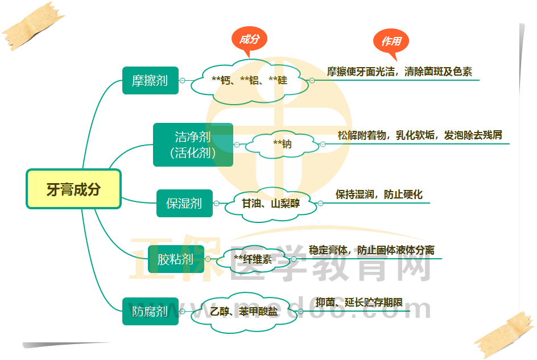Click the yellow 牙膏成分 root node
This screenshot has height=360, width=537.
pos(73,189)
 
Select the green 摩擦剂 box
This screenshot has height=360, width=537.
pos(150,80)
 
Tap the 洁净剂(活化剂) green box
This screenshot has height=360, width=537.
pos(193,144)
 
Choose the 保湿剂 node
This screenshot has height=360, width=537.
pos(184,203)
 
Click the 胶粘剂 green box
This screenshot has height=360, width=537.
pos(176,260)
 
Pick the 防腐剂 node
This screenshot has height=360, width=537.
pos(150,311)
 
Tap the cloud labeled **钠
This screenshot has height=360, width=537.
pos(282,144)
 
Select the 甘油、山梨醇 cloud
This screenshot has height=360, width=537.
pos(270,202)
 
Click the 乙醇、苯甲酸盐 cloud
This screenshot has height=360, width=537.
pos(243,312)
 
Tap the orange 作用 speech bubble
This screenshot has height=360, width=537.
pos(391,42)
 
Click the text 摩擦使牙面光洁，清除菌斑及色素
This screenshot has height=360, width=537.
pos(399,72)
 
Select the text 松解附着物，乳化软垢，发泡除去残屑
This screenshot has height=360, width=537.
pos(420,135)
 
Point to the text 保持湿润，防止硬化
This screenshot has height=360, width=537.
pos(379,194)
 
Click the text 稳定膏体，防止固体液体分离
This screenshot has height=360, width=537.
pos(371,250)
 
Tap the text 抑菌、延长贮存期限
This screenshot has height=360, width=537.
pos(359,302)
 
